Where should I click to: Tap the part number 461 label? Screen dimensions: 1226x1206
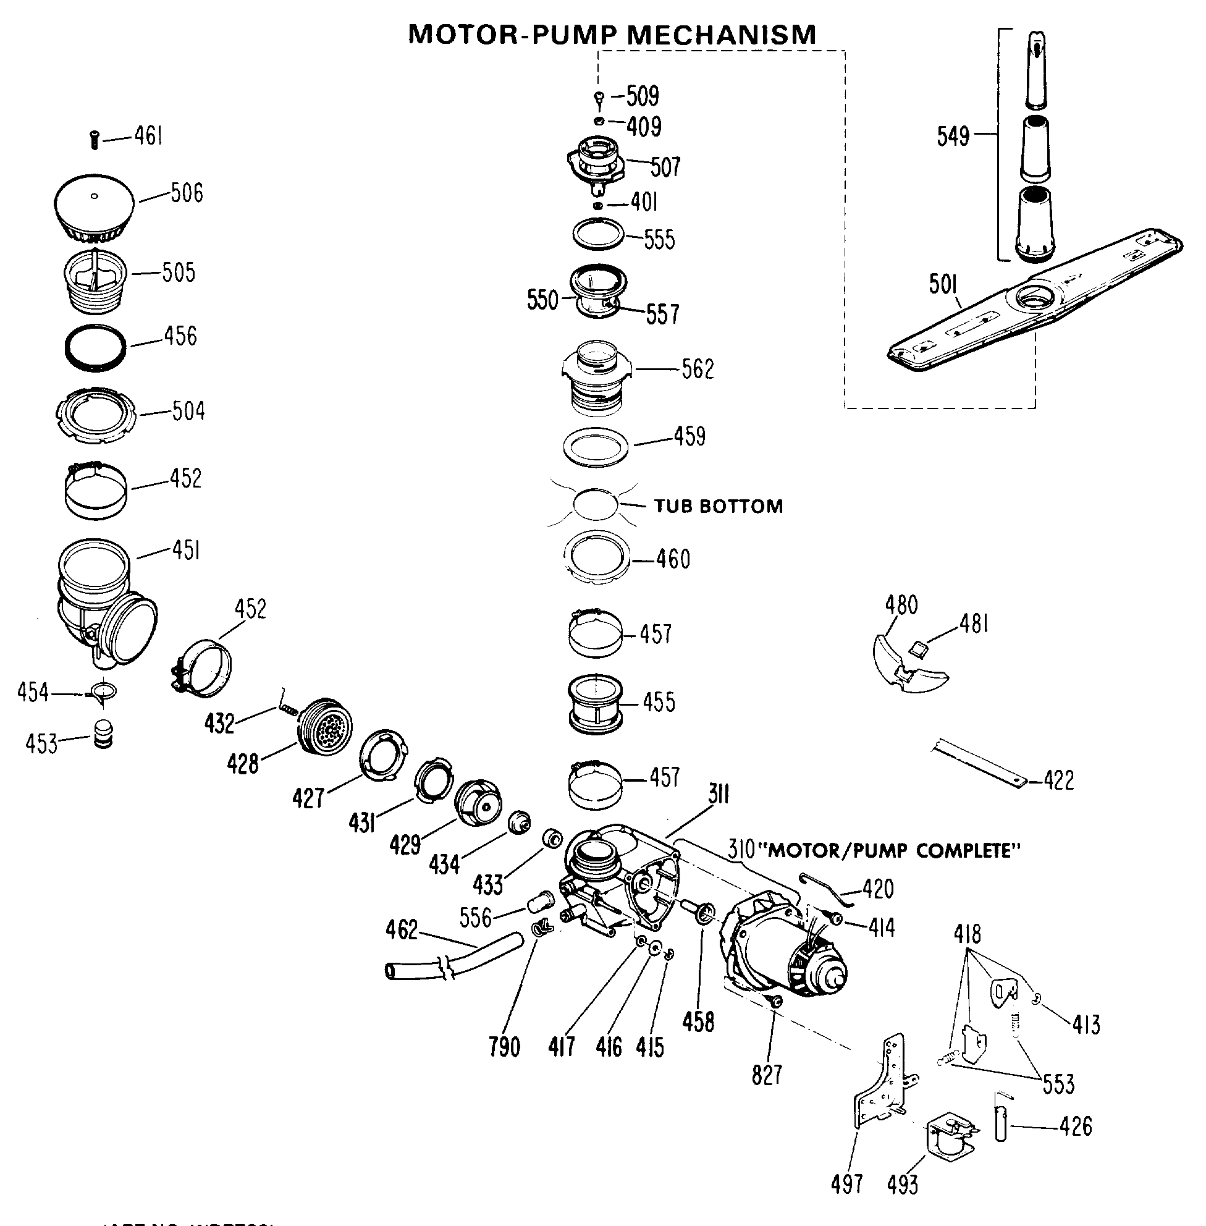tap(148, 135)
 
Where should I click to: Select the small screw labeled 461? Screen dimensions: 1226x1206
tap(95, 139)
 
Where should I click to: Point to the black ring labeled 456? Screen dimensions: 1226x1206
tap(96, 348)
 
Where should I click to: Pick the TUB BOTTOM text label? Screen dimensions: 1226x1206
tap(719, 506)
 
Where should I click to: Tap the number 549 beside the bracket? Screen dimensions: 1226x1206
tap(953, 136)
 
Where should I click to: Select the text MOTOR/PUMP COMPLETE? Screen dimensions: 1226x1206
tap(893, 850)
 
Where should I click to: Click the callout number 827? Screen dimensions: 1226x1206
tap(767, 1075)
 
